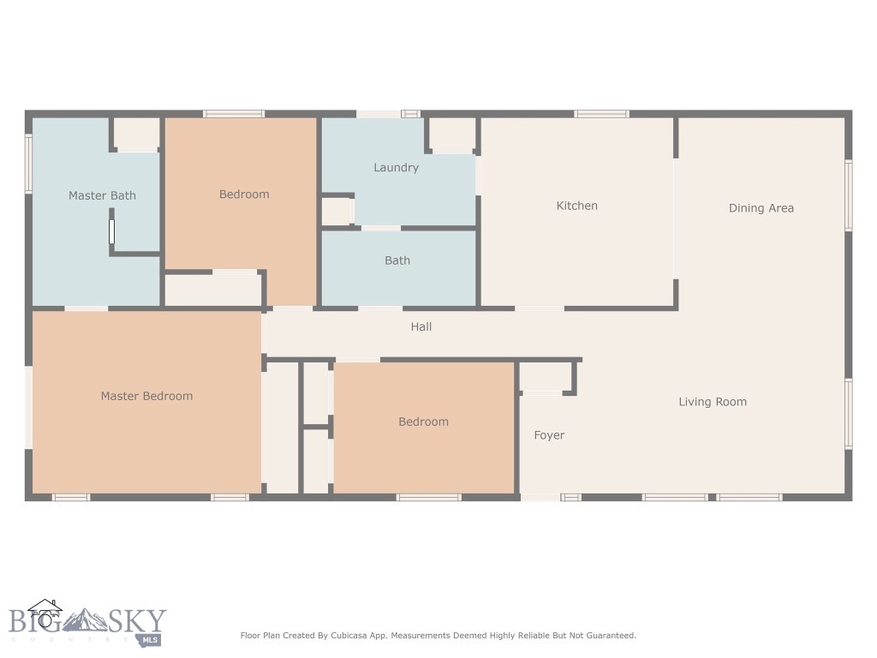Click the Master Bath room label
102,195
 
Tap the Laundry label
396,167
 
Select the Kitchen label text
577,206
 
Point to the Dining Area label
761,207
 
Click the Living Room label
713,401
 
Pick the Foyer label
549,435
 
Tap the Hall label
421,326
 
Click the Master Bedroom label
146,396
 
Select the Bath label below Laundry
397,260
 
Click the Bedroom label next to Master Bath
244,194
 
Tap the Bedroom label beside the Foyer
423,422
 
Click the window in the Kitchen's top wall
601,114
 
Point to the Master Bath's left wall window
28,163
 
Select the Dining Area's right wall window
849,195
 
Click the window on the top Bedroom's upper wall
234,114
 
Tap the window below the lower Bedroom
429,497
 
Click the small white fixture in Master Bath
111,232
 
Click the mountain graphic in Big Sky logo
86,619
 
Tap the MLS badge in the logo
151,639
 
